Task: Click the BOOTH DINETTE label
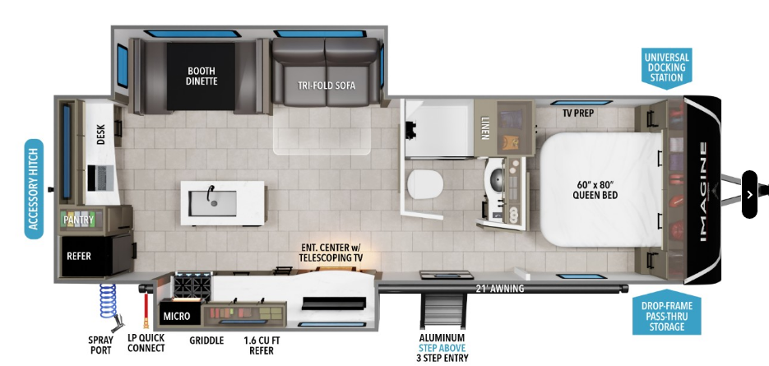(202, 75)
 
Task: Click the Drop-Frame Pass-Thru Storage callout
(666, 317)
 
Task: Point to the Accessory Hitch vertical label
(34, 189)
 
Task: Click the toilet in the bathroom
(425, 183)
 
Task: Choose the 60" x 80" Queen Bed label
(595, 189)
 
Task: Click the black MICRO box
(177, 316)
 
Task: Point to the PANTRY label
(80, 220)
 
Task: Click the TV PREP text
(579, 113)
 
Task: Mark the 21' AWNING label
(499, 288)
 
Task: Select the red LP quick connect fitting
(146, 308)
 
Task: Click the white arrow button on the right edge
(748, 194)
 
